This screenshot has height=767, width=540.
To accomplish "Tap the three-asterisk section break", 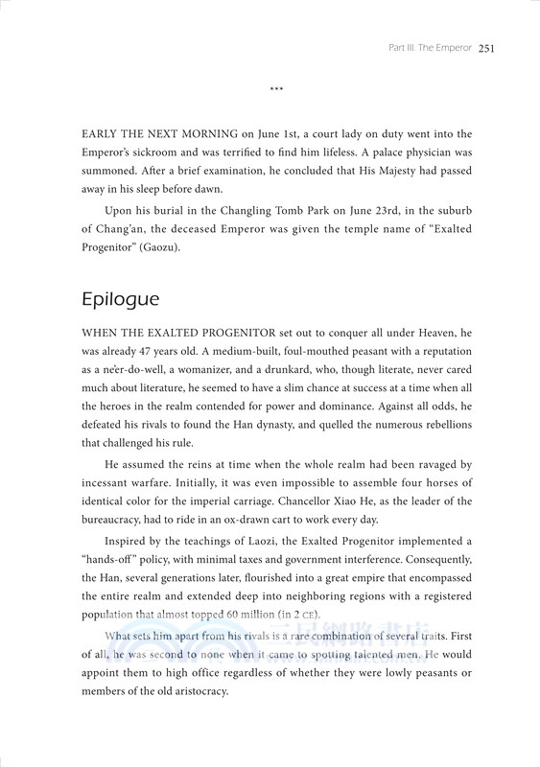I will [277, 92].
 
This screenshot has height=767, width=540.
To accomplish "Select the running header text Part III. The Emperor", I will [427, 47].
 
